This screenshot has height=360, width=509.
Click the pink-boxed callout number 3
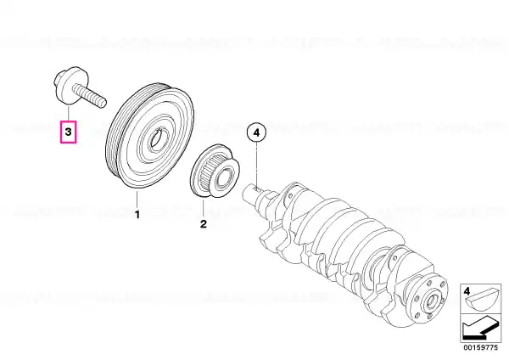(x=68, y=132)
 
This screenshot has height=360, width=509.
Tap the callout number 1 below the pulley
(x=137, y=215)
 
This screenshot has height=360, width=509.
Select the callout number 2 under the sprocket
(x=204, y=224)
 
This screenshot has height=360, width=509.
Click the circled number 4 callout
(x=256, y=132)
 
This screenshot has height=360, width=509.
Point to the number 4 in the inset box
(x=467, y=291)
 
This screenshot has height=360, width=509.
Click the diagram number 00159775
(x=480, y=347)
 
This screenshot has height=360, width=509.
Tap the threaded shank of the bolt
(x=90, y=95)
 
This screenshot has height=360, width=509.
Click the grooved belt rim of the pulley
(x=115, y=137)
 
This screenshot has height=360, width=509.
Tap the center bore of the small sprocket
(x=223, y=177)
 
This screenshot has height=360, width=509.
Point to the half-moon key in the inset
(x=479, y=301)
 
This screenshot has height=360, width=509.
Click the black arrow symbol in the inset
(x=479, y=328)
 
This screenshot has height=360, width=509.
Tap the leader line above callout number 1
(x=137, y=200)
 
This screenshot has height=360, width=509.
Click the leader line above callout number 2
(x=204, y=208)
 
